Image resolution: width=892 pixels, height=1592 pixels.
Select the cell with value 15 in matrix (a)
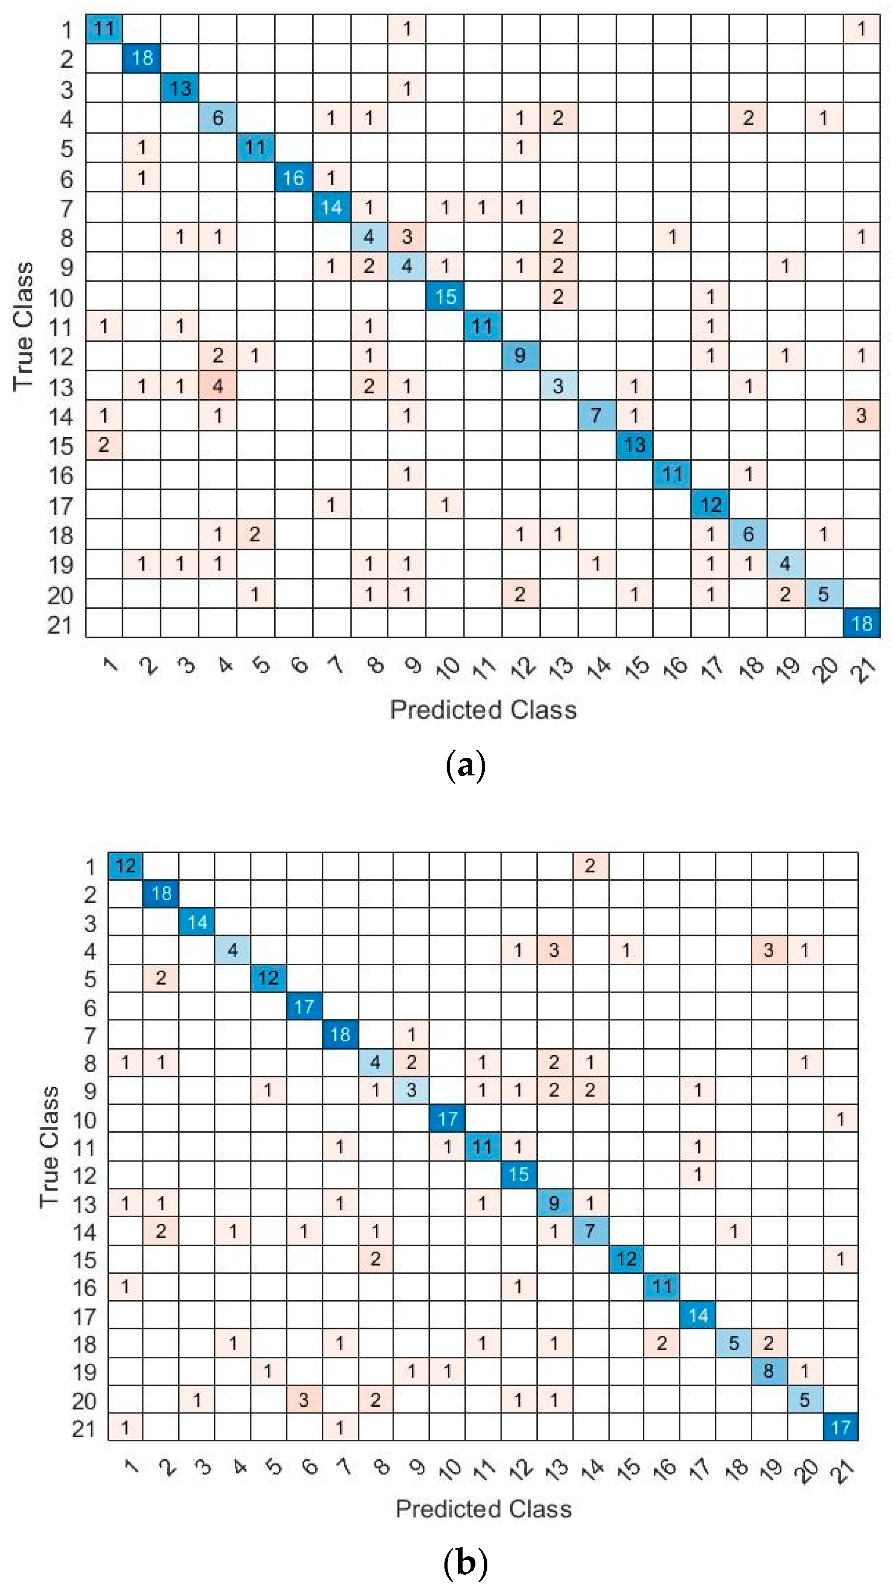(445, 297)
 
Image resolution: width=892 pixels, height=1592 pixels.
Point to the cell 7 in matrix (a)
(596, 415)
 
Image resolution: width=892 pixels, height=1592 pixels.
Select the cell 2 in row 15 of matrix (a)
(104, 445)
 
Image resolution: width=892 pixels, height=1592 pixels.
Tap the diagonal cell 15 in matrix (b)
(519, 1174)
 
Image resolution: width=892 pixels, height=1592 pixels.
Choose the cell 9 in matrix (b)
(555, 1203)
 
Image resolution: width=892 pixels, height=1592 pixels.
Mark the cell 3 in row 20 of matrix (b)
(303, 1399)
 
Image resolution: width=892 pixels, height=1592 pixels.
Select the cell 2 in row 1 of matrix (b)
(590, 866)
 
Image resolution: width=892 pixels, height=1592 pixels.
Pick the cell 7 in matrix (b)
(590, 1230)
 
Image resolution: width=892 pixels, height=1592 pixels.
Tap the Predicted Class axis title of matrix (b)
(483, 1508)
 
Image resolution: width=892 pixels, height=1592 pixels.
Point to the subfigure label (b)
(466, 1563)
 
